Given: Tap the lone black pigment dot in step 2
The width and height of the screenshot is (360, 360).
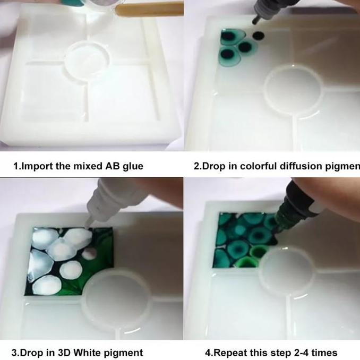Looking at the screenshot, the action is (258, 36).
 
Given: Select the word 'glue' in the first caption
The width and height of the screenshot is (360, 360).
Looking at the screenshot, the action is (133, 166).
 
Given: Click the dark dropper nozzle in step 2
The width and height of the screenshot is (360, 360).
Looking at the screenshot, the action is (255, 20).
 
